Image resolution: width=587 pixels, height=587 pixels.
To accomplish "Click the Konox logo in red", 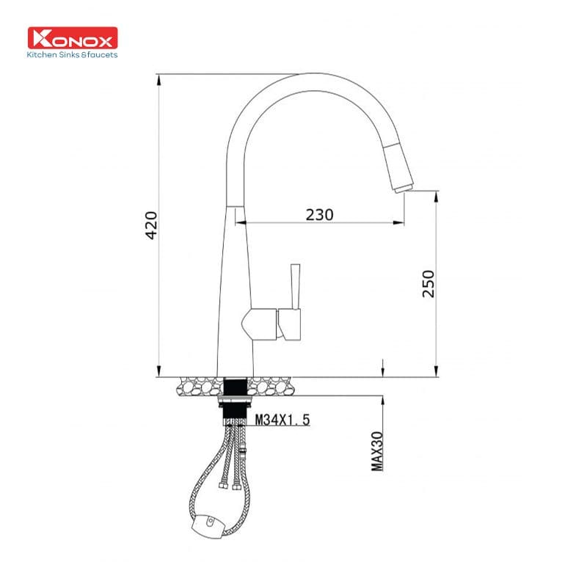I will [x=72, y=38].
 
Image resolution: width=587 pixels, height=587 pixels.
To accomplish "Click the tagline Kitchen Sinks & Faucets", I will [x=72, y=54].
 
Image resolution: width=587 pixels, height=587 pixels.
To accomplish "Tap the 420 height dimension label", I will [x=151, y=225].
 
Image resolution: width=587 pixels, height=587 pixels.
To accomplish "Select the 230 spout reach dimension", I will [x=319, y=214].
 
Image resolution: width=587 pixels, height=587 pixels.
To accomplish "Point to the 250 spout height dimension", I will [x=429, y=283].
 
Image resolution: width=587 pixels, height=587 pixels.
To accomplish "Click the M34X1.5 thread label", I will [x=282, y=420].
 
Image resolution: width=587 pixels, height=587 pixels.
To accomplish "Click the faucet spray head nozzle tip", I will [x=403, y=188].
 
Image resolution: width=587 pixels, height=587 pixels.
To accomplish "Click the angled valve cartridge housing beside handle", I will [x=260, y=323].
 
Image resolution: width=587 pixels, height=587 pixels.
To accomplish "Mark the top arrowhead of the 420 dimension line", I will [x=159, y=78].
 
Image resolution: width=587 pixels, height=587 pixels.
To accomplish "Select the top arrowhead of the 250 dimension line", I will [x=436, y=194].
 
